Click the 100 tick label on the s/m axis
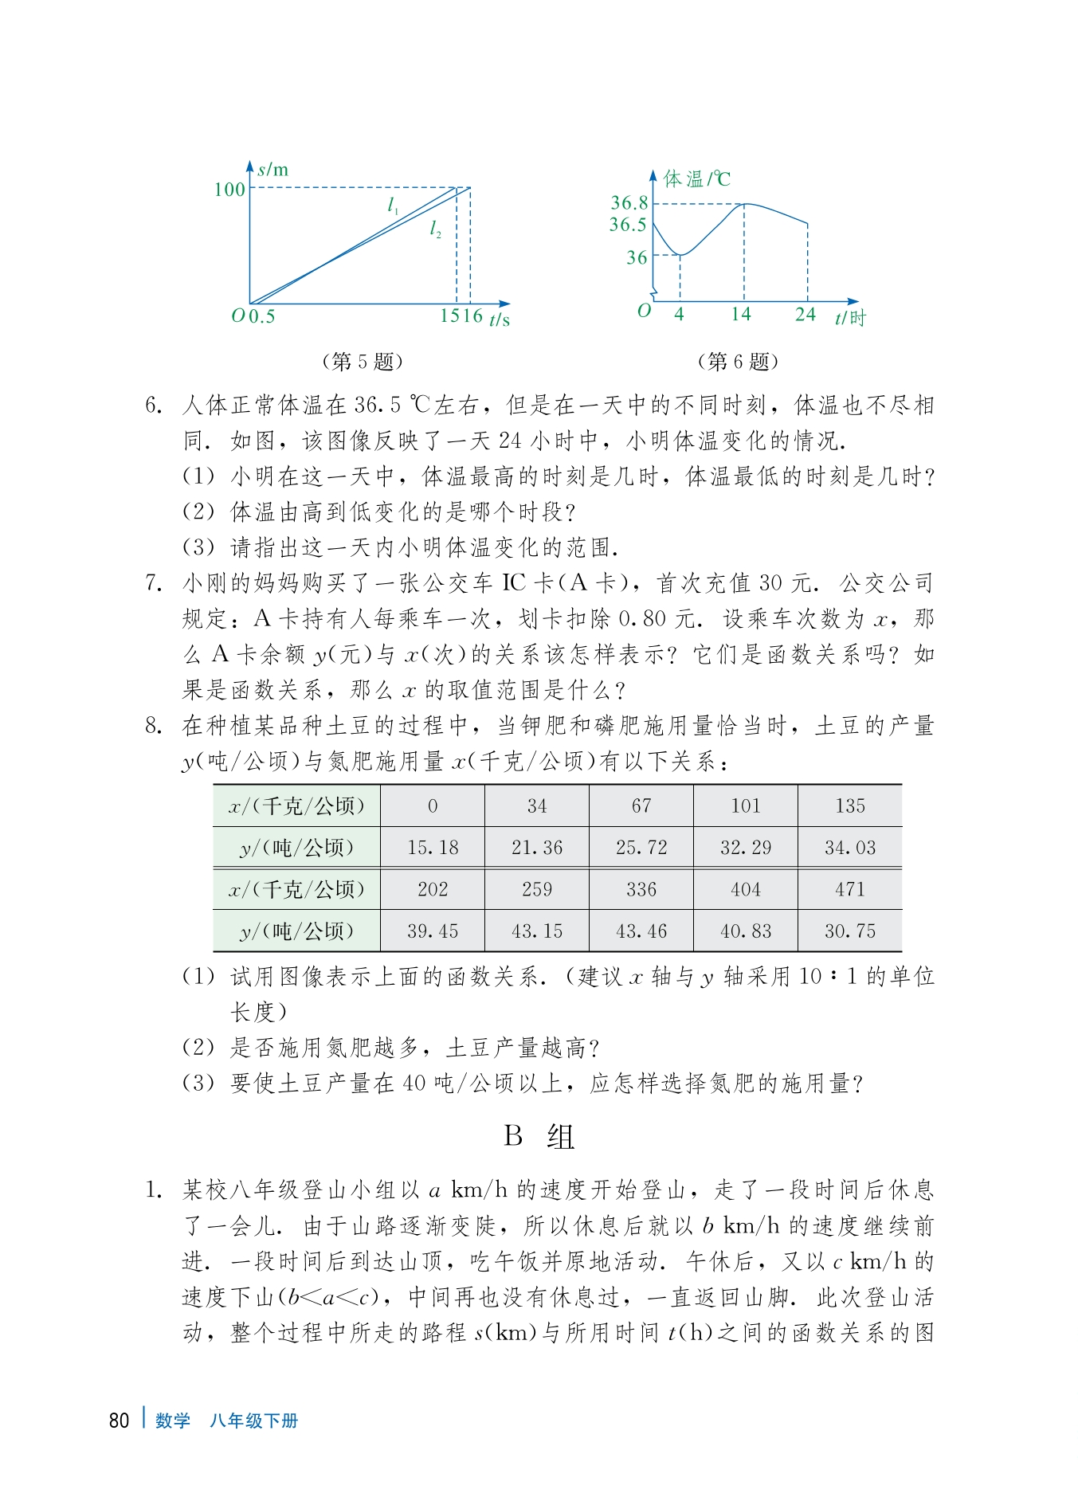pyautogui.click(x=229, y=190)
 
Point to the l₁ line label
pyautogui.click(x=393, y=206)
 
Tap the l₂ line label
pyautogui.click(x=435, y=229)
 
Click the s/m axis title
pyautogui.click(x=272, y=170)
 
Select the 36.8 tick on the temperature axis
pyautogui.click(x=629, y=203)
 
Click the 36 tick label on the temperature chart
pyautogui.click(x=637, y=257)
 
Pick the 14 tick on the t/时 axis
pyautogui.click(x=741, y=314)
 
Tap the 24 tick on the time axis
pyautogui.click(x=806, y=314)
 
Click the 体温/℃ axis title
pyautogui.click(x=696, y=179)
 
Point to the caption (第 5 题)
pyautogui.click(x=363, y=362)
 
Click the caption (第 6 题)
pyautogui.click(x=738, y=362)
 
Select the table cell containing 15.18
pyautogui.click(x=433, y=848)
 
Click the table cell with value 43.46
pyautogui.click(x=641, y=931)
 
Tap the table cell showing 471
pyautogui.click(x=850, y=889)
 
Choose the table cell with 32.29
pyautogui.click(x=746, y=848)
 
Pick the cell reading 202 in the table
pyautogui.click(x=433, y=889)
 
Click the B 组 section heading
pyautogui.click(x=539, y=1136)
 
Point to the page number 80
pyautogui.click(x=119, y=1421)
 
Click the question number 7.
pyautogui.click(x=154, y=583)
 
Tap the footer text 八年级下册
pyautogui.click(x=253, y=1421)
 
